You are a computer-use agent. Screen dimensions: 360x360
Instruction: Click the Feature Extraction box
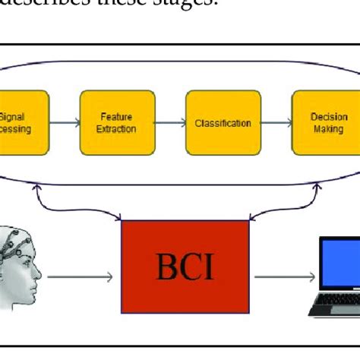(x=117, y=123)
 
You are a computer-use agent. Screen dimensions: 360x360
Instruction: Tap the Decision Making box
(x=329, y=123)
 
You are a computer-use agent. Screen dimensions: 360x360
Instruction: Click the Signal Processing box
(x=23, y=123)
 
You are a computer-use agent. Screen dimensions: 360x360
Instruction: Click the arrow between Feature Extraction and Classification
(x=170, y=123)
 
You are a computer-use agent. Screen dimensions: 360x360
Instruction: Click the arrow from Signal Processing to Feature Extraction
(x=64, y=123)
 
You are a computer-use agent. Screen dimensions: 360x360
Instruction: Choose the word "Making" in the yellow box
(x=329, y=129)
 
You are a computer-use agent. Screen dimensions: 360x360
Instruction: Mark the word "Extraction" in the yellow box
(x=117, y=129)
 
